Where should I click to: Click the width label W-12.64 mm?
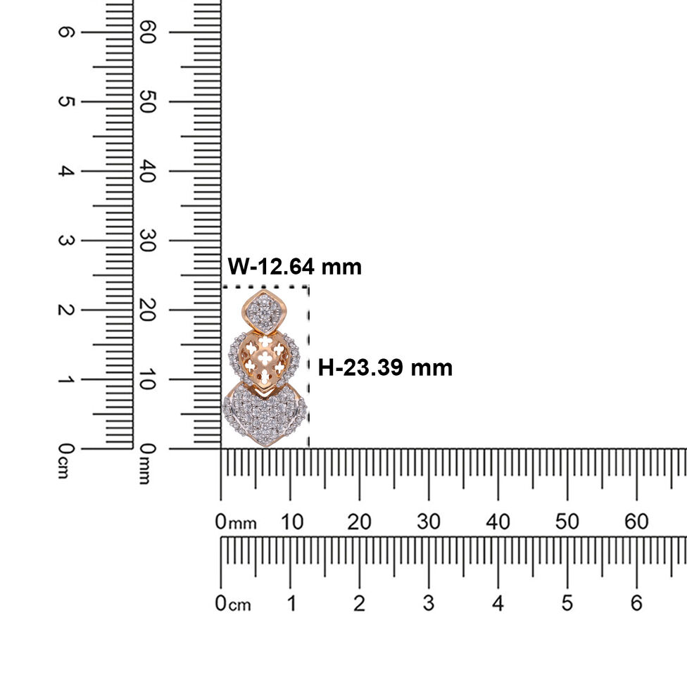pyautogui.click(x=294, y=266)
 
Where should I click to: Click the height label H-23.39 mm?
pyautogui.click(x=385, y=367)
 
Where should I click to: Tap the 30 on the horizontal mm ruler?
pyautogui.click(x=428, y=522)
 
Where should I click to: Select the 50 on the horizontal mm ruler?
pyautogui.click(x=567, y=522)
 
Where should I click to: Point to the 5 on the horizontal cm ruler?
pyautogui.click(x=567, y=603)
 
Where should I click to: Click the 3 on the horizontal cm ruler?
pyautogui.click(x=429, y=603)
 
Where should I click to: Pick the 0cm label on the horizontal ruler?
pyautogui.click(x=233, y=604)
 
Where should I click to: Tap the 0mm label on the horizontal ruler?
pyautogui.click(x=236, y=522)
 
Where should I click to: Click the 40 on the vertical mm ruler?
pyautogui.click(x=147, y=171)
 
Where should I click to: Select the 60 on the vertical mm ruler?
pyautogui.click(x=147, y=32)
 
